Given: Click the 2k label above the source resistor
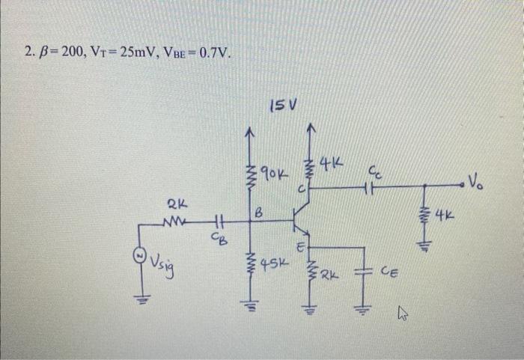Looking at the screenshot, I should tap(177, 203).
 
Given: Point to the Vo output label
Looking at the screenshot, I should tap(478, 179).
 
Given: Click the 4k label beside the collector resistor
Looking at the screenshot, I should tap(331, 160).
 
